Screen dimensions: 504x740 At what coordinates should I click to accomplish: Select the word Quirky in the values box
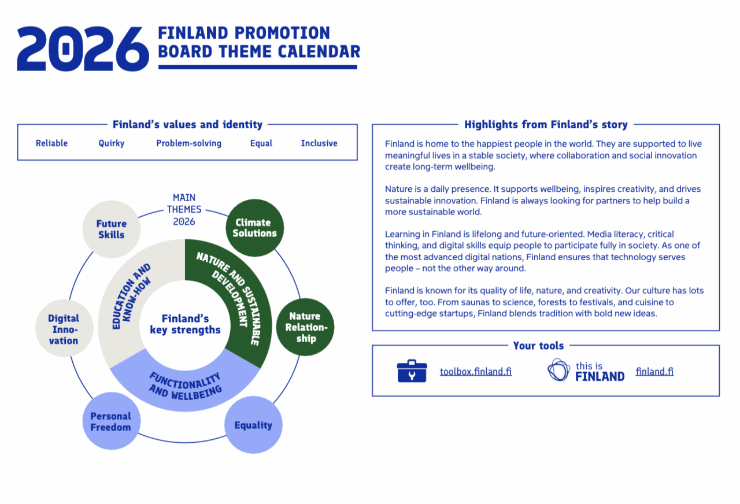111,143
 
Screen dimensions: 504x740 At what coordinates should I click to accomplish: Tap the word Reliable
51,143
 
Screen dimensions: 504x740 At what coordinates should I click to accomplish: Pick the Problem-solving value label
188,143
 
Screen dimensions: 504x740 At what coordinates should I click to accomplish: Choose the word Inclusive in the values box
319,143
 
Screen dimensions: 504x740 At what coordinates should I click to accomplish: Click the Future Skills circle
111,229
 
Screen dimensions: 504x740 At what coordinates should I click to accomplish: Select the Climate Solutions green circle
254,228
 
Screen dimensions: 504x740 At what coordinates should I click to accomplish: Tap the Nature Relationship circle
305,327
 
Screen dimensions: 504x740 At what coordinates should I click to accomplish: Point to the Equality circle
253,425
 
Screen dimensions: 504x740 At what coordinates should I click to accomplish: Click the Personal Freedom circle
110,421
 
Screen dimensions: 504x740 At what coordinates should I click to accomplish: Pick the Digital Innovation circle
64,329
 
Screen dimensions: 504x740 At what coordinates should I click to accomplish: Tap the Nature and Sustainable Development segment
231,295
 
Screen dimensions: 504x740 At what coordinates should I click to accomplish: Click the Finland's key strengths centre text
185,324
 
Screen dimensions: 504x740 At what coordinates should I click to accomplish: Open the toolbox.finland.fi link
475,372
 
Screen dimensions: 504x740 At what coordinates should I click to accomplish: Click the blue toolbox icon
412,370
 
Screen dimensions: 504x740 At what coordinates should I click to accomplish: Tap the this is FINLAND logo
586,370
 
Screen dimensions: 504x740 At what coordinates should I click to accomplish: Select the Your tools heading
538,346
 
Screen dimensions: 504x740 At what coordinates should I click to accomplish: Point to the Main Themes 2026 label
184,209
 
